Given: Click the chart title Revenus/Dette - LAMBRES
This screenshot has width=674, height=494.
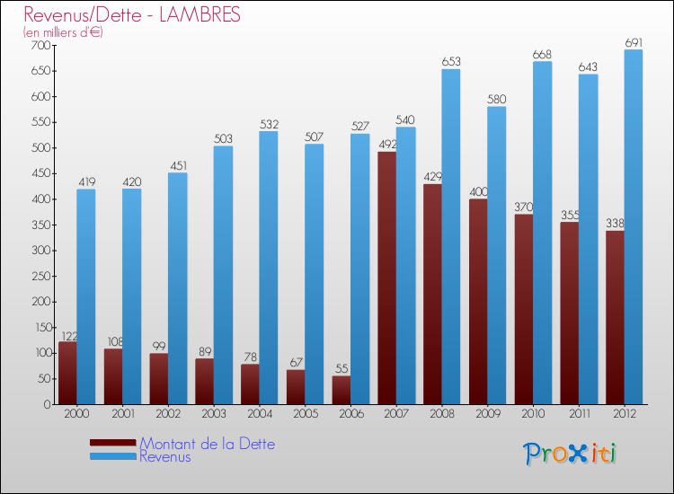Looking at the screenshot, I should click(x=132, y=15).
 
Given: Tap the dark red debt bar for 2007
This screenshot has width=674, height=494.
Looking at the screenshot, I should click(x=386, y=278).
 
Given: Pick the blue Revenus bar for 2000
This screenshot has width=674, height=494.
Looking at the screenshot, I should click(x=86, y=296).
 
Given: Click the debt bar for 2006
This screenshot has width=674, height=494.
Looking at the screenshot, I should click(x=341, y=390).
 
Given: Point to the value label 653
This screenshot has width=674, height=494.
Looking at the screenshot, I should click(x=451, y=62).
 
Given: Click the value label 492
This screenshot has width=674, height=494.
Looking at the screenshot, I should click(x=386, y=145).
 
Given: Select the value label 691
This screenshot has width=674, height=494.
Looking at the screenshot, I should click(x=634, y=42).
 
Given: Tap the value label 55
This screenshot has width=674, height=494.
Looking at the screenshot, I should click(x=341, y=369).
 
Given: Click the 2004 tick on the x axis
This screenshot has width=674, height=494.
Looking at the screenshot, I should click(x=259, y=413).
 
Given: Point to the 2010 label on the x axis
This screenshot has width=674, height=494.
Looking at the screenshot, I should click(x=533, y=413).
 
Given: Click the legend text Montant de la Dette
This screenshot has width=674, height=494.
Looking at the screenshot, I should click(x=207, y=444).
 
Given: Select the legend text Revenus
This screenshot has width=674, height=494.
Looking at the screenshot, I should click(x=165, y=456).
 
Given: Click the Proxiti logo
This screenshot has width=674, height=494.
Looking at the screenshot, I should click(x=572, y=454).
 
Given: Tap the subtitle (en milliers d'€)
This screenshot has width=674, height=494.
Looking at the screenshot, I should click(x=63, y=32).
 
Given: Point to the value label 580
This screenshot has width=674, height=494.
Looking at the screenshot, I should click(x=496, y=100).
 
